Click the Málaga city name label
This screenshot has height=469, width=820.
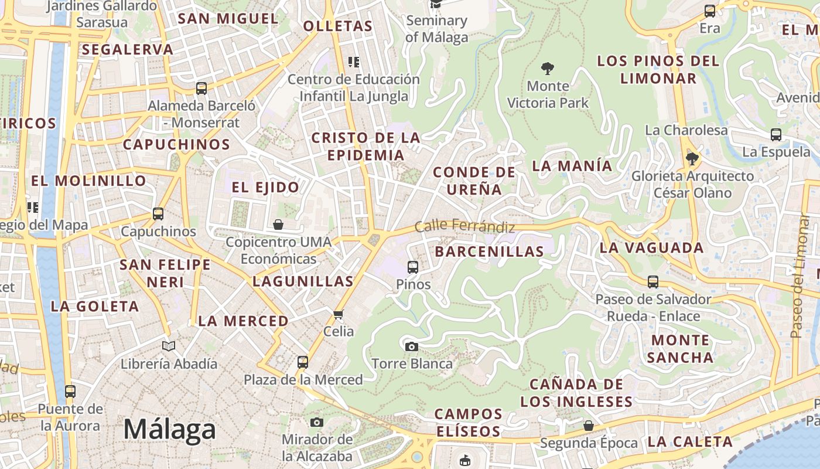point(169,430)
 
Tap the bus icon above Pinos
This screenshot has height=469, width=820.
point(412,267)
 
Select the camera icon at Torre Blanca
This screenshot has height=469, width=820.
point(412,346)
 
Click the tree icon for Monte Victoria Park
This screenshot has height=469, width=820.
point(548,69)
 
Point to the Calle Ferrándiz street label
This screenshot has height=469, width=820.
point(464,226)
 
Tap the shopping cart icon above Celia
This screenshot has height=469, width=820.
point(338,315)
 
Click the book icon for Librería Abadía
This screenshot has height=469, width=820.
point(169,346)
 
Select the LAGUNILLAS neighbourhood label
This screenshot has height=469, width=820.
point(303,281)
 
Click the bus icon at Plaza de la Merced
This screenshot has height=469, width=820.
point(302,362)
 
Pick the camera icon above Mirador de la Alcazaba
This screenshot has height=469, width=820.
point(317,422)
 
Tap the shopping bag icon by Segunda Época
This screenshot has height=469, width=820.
point(588,426)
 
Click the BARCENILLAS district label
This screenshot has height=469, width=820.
point(490,252)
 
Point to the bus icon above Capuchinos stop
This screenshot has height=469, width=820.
point(158,214)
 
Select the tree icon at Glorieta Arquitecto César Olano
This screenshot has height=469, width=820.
point(692,158)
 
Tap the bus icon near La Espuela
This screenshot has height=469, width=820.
point(776,135)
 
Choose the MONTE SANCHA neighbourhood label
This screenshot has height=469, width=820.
point(681,348)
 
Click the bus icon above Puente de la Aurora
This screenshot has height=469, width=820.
point(70,391)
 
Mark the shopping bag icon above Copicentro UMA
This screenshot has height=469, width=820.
point(278,225)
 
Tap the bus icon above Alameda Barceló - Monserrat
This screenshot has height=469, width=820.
point(201,89)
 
